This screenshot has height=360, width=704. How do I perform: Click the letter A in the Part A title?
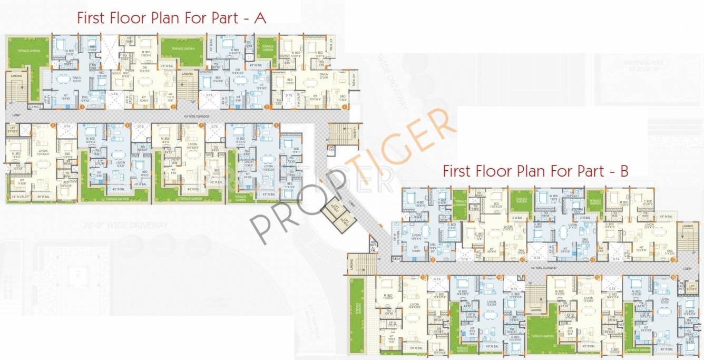point(260,18)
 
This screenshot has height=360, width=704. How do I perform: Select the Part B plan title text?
point(535,171)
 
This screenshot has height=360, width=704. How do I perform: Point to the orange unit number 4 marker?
point(345,107)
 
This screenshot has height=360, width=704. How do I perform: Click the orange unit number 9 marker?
point(433,260)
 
